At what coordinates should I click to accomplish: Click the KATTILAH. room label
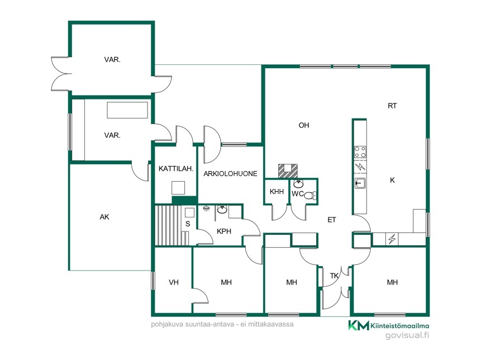[x=176, y=168]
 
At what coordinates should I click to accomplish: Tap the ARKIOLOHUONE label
[x=230, y=174]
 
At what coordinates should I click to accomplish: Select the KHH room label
[x=277, y=192]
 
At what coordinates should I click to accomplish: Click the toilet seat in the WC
[x=311, y=195]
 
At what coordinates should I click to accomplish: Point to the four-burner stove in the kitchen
[x=360, y=152]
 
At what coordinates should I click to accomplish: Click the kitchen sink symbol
[x=360, y=183]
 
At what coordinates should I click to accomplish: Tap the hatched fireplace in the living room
[x=288, y=170]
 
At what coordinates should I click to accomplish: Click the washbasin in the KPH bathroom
[x=222, y=210]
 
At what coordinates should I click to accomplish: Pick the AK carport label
[x=104, y=217]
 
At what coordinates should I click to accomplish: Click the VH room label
[x=174, y=282]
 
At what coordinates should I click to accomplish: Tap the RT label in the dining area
[x=392, y=106]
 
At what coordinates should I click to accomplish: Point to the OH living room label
[x=304, y=125]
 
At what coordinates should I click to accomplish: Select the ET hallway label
[x=332, y=220]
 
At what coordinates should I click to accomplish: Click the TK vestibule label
[x=335, y=276]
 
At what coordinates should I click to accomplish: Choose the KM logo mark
[x=359, y=325]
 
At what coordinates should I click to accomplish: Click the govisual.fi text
[x=407, y=335]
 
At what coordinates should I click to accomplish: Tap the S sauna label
[x=188, y=224]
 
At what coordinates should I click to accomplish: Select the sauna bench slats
[x=169, y=226]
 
